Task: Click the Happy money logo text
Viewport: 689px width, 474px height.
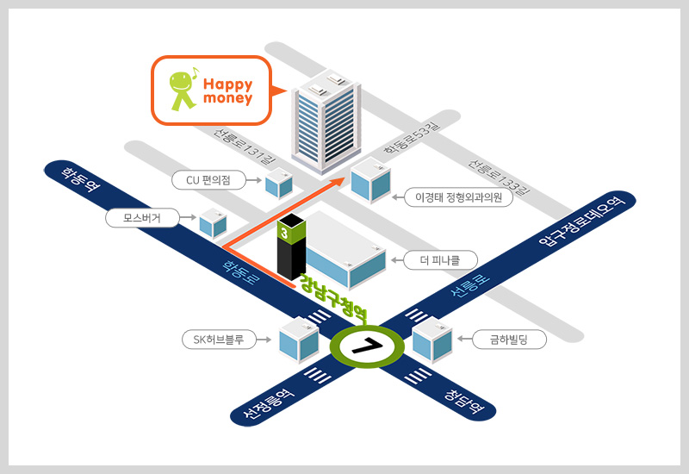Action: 228,90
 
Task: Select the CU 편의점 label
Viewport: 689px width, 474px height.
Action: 210,180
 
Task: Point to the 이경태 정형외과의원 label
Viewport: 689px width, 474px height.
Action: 458,197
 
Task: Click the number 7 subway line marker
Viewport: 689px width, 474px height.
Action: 368,346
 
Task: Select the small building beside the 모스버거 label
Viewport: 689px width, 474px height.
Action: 212,223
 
